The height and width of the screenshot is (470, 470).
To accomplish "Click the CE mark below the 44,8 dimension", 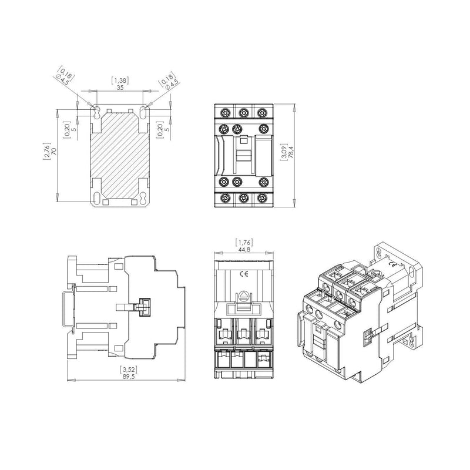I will [x=243, y=274].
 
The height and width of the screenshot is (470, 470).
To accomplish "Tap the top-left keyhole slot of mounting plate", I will [x=96, y=113].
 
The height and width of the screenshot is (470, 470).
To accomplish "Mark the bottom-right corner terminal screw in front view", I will [x=262, y=199].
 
